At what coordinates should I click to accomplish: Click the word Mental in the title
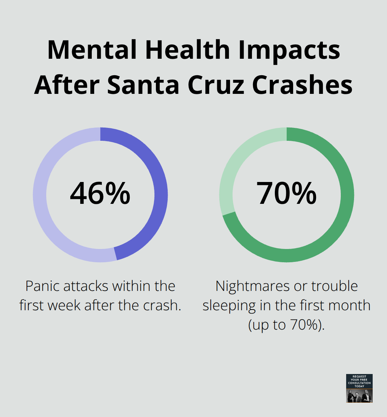point(92,50)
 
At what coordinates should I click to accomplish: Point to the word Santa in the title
point(143,85)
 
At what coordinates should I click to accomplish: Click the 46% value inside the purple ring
point(100,193)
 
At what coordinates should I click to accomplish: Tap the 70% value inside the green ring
point(286,193)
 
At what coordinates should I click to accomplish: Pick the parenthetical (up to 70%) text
point(286,325)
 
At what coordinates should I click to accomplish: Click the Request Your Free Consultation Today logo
point(359,388)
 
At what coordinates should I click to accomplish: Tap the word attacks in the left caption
point(86,286)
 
